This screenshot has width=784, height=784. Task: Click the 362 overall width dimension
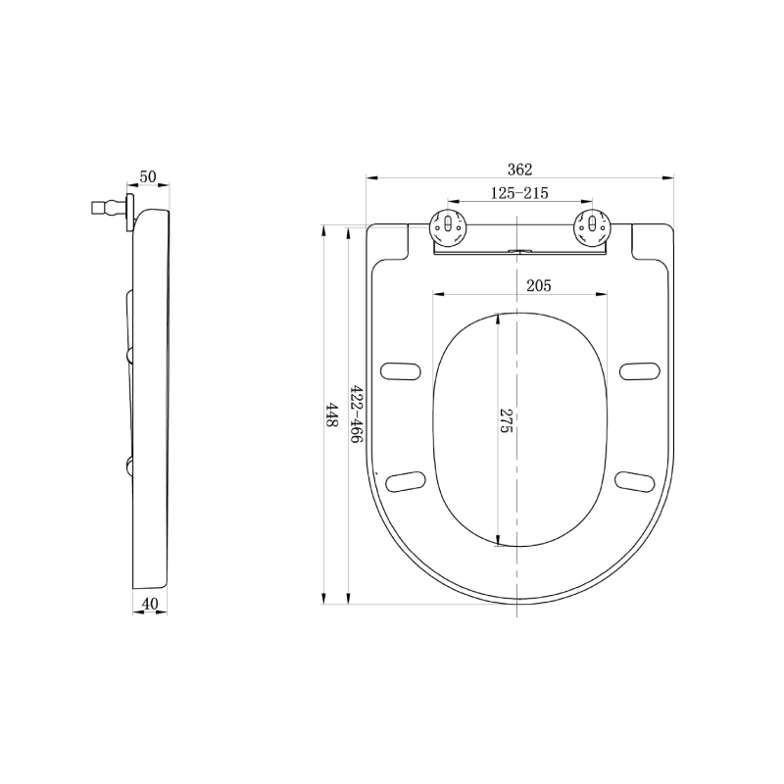coord(520,170)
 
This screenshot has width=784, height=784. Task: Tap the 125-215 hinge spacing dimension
coord(519,193)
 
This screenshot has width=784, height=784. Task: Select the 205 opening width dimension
coord(538,285)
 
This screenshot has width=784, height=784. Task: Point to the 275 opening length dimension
coord(506,420)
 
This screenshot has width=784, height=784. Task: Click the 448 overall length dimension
coord(331,415)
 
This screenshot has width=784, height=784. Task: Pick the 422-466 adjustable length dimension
coord(356,414)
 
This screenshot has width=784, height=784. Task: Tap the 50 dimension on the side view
coord(148,176)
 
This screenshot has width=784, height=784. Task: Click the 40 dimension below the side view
coord(150,604)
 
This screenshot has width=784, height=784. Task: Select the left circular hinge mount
coord(449,227)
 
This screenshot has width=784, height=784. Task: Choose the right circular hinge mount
coord(593,227)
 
